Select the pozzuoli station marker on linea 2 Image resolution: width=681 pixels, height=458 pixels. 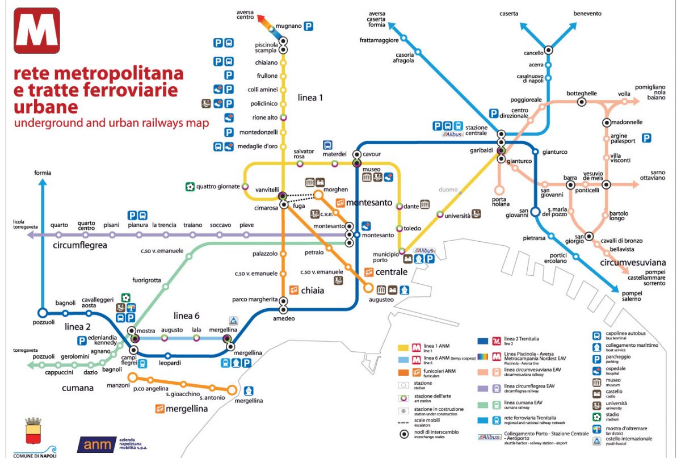[42, 313]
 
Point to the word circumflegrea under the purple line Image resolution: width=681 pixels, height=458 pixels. [80, 246]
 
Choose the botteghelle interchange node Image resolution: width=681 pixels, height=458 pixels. [581, 102]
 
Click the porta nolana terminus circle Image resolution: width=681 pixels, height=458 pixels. [499, 190]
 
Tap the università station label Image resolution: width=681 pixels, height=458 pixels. [457, 216]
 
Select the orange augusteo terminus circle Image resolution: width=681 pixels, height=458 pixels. [369, 288]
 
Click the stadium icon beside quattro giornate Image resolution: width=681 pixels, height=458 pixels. [191, 186]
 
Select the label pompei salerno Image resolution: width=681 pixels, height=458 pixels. [634, 295]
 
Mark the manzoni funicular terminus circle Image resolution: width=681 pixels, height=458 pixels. [132, 377]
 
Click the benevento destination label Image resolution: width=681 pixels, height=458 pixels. [587, 14]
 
